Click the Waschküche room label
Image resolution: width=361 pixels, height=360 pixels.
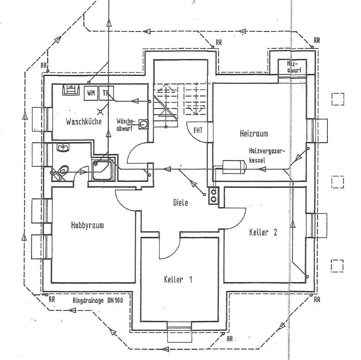(84, 122)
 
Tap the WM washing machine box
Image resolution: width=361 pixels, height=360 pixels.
(91, 93)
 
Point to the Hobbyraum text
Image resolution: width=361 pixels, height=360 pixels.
(87, 225)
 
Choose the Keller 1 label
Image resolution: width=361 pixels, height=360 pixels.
(178, 280)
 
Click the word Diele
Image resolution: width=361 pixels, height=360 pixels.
(180, 202)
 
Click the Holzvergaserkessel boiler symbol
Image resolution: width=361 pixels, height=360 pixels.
(233, 167)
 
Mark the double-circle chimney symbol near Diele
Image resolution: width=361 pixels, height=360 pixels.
(213, 195)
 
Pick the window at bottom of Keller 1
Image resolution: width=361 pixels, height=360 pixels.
(179, 327)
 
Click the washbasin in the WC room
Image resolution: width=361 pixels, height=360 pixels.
(64, 148)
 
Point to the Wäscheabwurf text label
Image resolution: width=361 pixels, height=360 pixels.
(126, 124)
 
